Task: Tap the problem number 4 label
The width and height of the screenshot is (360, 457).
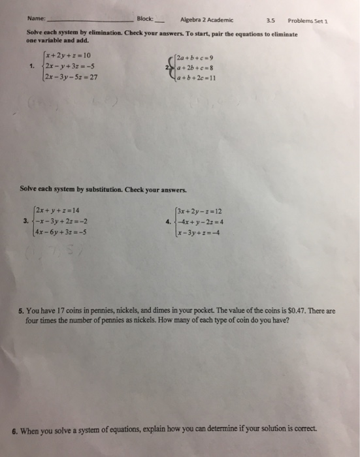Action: pos(169,220)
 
